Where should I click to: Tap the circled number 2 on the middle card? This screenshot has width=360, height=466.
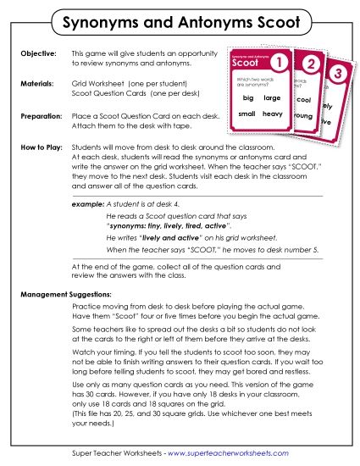tap(311, 65)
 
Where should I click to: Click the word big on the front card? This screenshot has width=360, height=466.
tap(247, 97)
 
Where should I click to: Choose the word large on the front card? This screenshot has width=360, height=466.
tap(272, 98)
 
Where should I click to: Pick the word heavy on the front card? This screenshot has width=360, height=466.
tap(272, 114)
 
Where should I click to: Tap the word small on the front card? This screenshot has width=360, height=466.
tap(247, 114)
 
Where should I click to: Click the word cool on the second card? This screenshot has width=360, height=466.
tap(304, 100)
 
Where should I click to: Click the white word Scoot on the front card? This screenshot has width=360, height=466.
tap(246, 63)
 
